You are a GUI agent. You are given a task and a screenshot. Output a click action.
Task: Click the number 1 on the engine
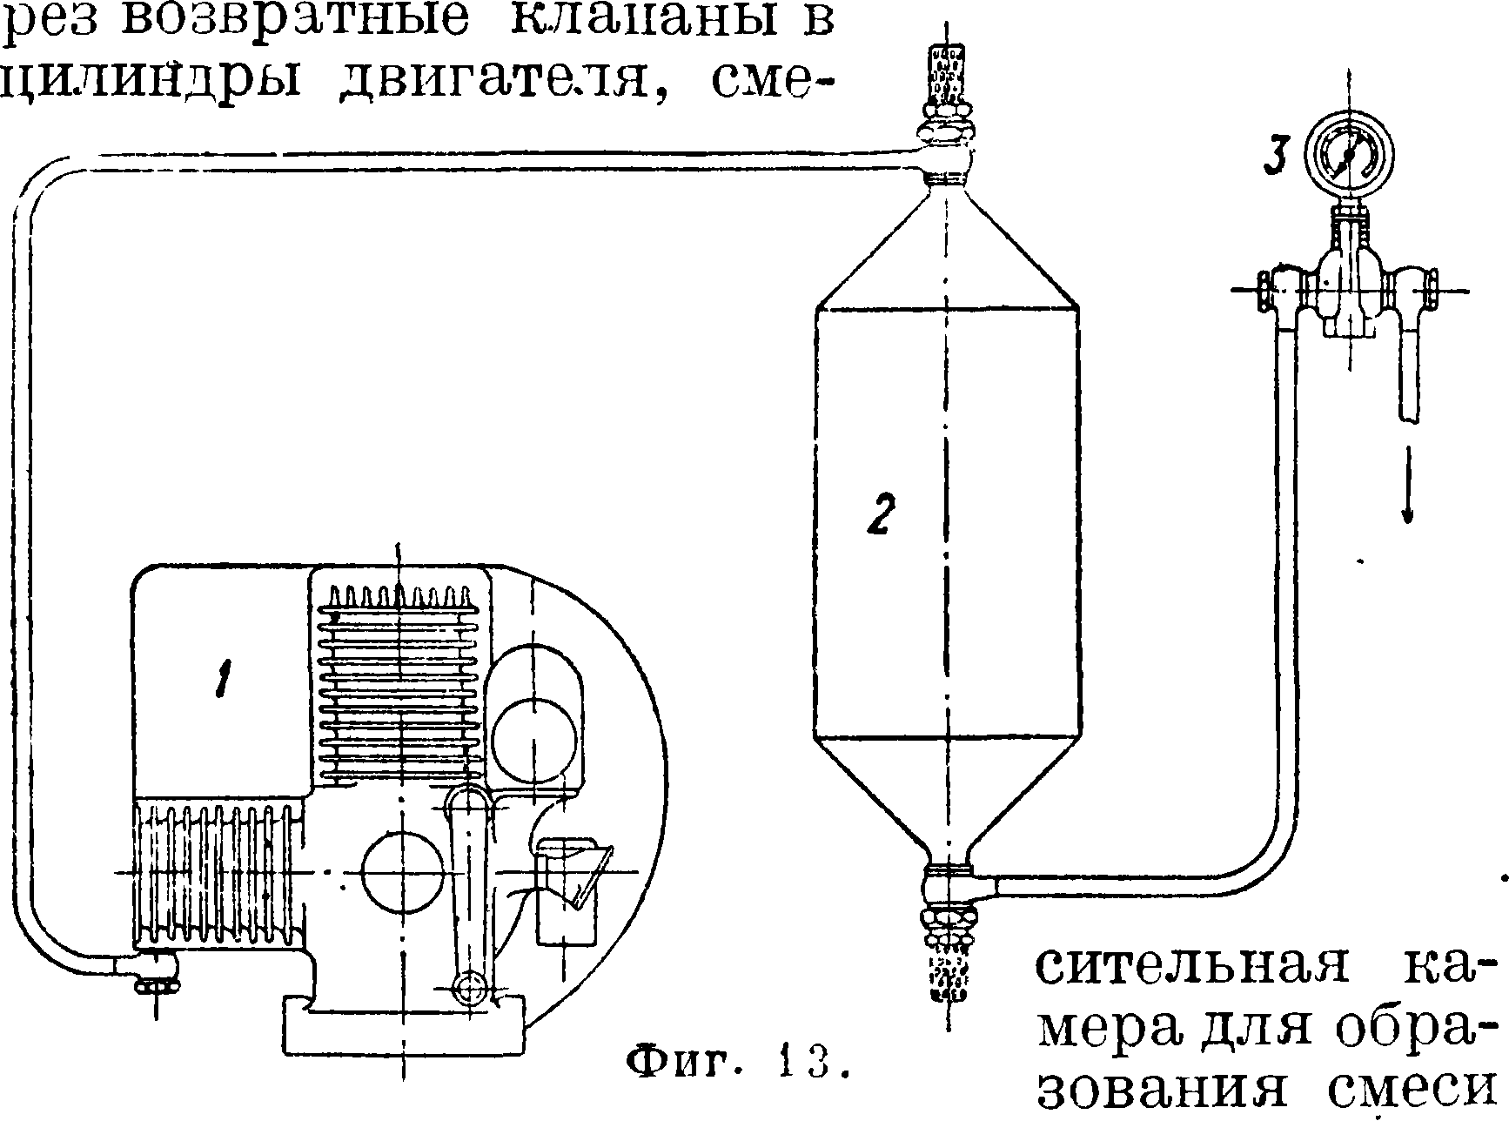(x=224, y=680)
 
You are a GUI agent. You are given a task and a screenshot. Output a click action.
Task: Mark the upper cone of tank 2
(x=947, y=252)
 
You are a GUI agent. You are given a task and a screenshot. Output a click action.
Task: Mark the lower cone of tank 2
(x=947, y=796)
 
